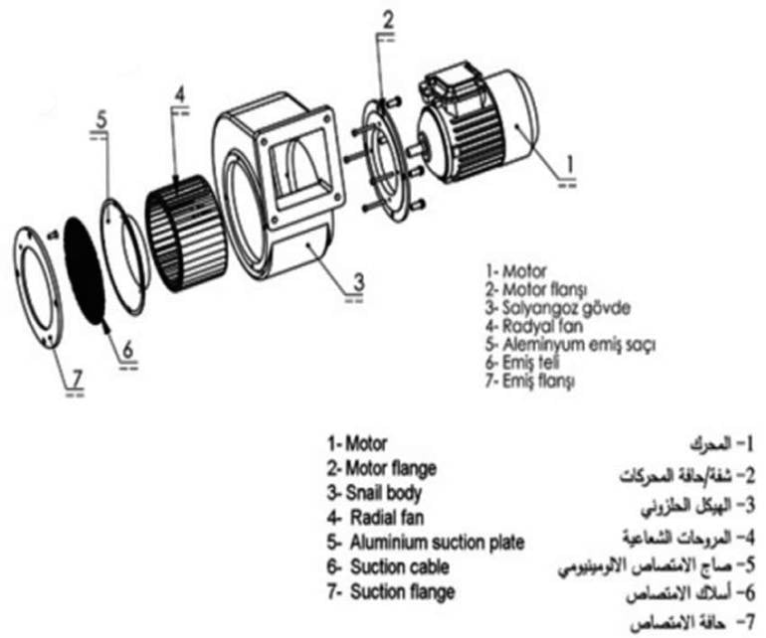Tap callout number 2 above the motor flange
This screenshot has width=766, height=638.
[x=388, y=18]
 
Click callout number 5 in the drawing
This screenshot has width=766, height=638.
[x=101, y=119]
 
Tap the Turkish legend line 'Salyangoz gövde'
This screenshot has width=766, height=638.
[x=545, y=308]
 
